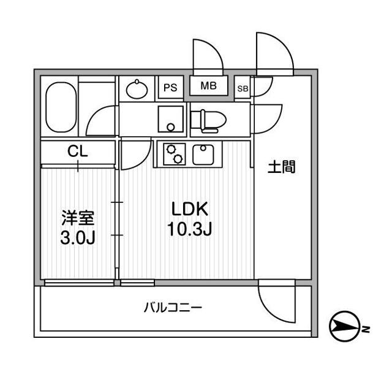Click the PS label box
pyautogui.click(x=170, y=88)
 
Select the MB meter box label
pyautogui.click(x=208, y=86)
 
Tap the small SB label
pyautogui.click(x=243, y=88)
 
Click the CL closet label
pyautogui.click(x=78, y=151)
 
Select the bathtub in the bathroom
pyautogui.click(x=61, y=108)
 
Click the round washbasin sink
pyautogui.click(x=137, y=90)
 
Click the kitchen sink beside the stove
pyautogui.click(x=203, y=154)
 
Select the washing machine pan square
pyautogui.click(x=170, y=118)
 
